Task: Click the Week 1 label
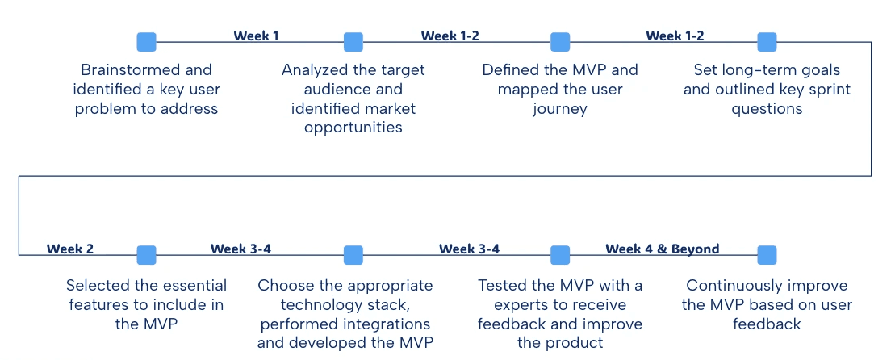point(256,36)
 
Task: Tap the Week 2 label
point(69,249)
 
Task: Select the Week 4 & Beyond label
point(662,249)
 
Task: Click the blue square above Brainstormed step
point(146,42)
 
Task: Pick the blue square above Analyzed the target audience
point(353,42)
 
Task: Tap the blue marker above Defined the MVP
point(560,42)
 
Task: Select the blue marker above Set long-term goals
point(767,42)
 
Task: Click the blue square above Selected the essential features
point(146,255)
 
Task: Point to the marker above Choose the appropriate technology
point(353,255)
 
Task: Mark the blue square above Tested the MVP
point(560,255)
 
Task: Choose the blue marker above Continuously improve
point(767,255)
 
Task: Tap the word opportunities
point(353,128)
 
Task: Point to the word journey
point(559,109)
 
